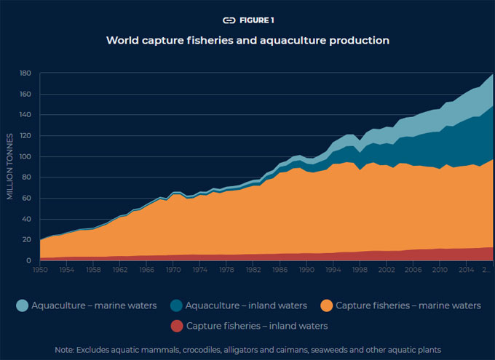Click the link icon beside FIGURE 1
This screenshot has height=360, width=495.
pos(229,20)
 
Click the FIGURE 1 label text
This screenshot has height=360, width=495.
pos(257,20)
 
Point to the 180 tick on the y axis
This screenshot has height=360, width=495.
pos(25,73)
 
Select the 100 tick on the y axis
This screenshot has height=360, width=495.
pos(25,156)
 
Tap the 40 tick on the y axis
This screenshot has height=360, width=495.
pos(26,219)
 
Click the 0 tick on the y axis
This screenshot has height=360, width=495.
pos(29,260)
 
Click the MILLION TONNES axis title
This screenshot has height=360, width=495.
pos(10,167)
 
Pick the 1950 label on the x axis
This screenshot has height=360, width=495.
pos(40,270)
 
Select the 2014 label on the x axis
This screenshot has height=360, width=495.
pos(464,270)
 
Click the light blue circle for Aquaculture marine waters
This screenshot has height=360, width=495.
pos(25,305)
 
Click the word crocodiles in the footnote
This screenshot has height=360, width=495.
pos(194,350)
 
